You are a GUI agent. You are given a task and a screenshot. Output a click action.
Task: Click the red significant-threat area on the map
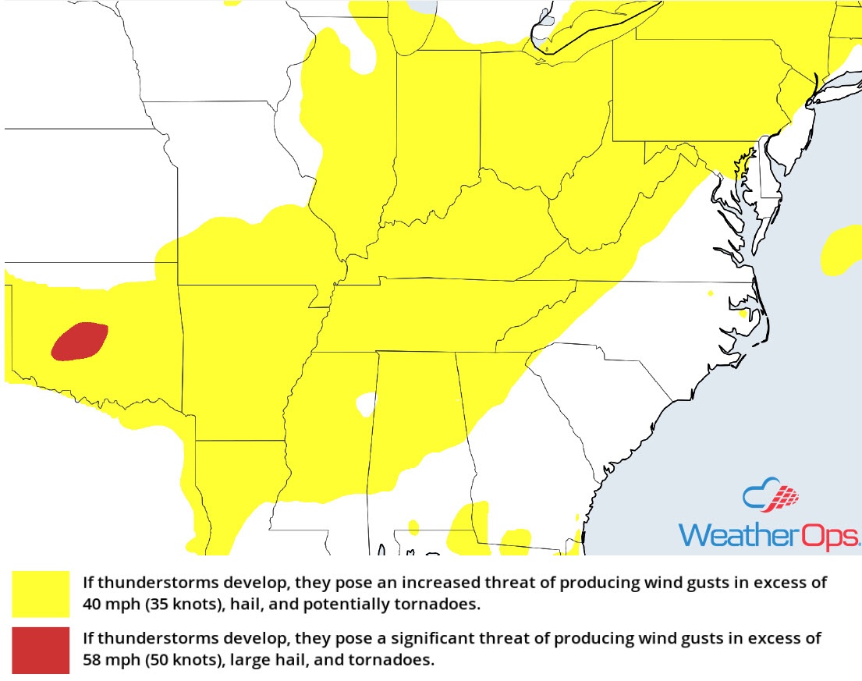[x=80, y=342]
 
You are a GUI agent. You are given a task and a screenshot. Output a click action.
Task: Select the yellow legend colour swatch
[x=41, y=591]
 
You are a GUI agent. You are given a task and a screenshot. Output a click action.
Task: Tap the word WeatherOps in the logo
[x=768, y=535]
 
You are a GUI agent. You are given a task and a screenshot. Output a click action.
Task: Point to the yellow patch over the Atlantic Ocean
[x=841, y=250]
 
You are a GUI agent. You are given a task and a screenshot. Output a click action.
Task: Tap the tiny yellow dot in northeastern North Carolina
[x=711, y=293]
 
